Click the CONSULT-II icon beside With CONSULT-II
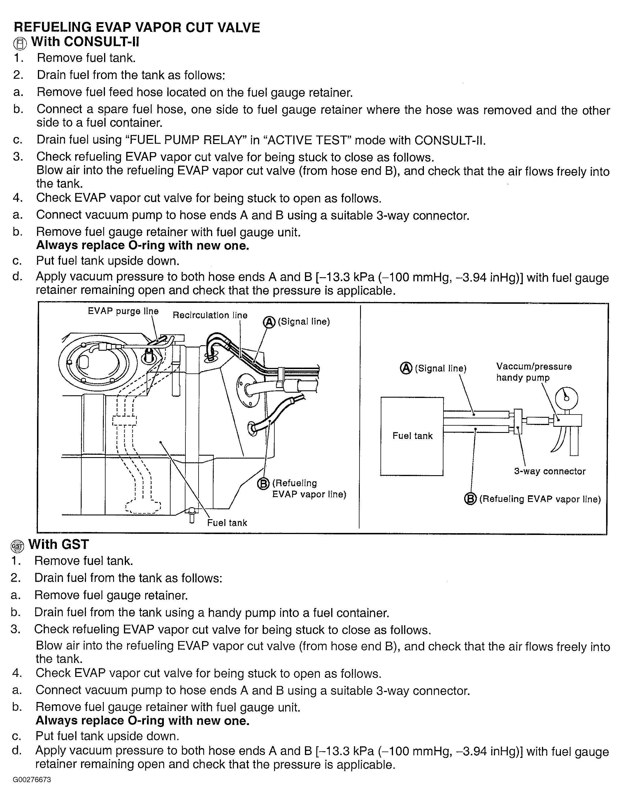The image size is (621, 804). click(x=20, y=44)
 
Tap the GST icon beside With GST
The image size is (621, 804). click(x=17, y=546)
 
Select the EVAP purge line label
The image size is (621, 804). click(x=123, y=311)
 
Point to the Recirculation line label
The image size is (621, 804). click(x=210, y=315)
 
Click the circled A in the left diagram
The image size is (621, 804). click(x=269, y=322)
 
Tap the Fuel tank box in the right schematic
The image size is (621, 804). click(x=412, y=436)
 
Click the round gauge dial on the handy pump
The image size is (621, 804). click(x=566, y=398)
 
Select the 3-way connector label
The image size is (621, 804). click(x=550, y=471)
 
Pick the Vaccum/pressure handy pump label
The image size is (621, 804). click(x=534, y=372)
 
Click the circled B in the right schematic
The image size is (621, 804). click(x=470, y=499)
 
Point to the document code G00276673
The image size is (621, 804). click(x=32, y=790)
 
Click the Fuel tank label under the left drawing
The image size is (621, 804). click(x=227, y=523)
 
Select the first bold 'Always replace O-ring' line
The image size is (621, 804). click(x=143, y=245)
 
